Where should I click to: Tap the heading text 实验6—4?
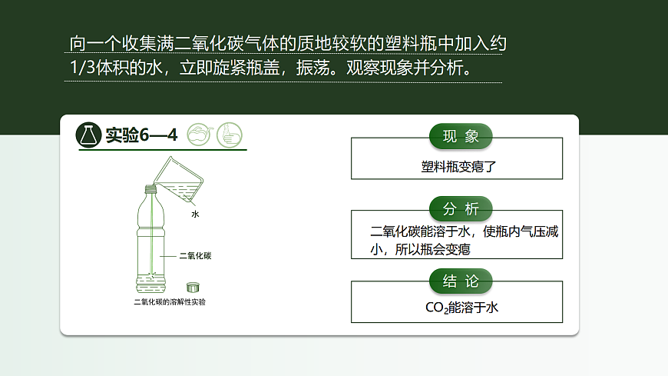(x=141, y=135)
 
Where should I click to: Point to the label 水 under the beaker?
(x=195, y=215)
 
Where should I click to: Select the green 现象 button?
(x=461, y=137)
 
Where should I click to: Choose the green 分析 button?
(x=461, y=209)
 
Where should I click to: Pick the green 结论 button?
(x=461, y=281)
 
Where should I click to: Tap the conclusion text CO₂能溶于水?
(x=461, y=308)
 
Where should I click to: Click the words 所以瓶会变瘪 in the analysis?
(x=433, y=250)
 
